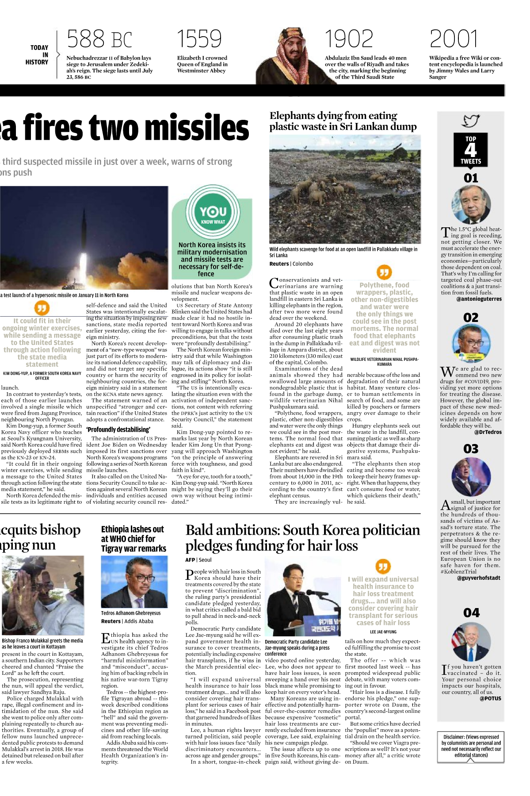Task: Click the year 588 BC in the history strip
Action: point(99,39)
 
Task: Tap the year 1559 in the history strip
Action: point(199,39)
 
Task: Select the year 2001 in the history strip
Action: point(454,39)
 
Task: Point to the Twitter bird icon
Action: point(471,121)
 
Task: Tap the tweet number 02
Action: point(471,318)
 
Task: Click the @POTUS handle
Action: point(490,699)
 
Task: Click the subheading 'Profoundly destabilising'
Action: point(118,429)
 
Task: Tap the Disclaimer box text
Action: point(471,746)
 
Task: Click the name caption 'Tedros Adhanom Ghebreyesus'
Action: point(131,613)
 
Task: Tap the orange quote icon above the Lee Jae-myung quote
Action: point(383,566)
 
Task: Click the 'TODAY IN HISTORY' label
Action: point(39,55)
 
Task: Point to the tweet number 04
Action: point(471,613)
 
